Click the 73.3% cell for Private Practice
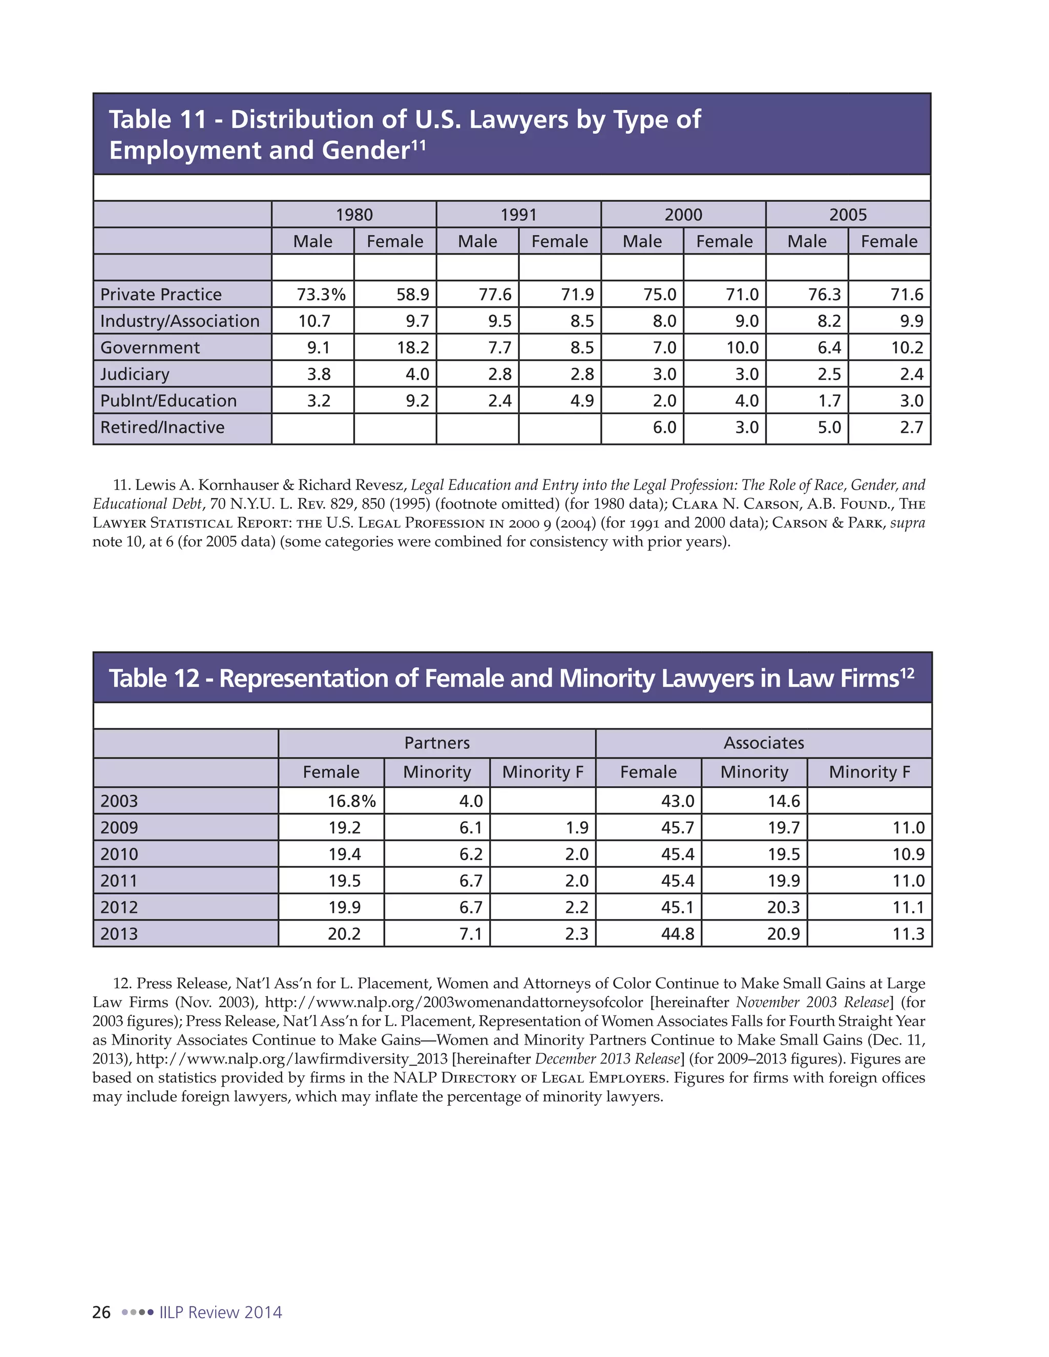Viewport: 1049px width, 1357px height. coord(321,294)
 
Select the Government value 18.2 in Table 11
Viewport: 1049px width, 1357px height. coord(413,347)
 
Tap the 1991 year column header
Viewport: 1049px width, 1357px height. coord(518,215)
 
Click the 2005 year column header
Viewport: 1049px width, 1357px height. coord(848,215)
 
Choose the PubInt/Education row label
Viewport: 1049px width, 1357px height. coord(169,401)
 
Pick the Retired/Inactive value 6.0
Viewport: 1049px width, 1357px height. coord(664,428)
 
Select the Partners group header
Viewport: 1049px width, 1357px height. coord(437,743)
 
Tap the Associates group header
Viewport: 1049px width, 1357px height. coord(764,743)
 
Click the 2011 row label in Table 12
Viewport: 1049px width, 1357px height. coord(119,881)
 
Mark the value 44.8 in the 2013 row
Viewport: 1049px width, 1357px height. coord(677,934)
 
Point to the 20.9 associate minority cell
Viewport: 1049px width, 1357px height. coord(783,934)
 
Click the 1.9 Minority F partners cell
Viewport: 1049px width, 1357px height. coord(577,828)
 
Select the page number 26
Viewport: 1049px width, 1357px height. coord(101,1312)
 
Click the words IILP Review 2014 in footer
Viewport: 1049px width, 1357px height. coord(221,1312)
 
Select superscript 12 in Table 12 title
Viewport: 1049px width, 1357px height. coord(907,673)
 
